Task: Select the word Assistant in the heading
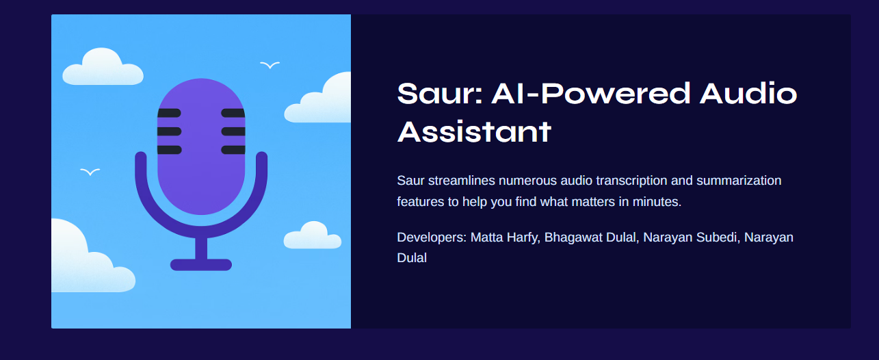click(474, 131)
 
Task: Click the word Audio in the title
click(748, 93)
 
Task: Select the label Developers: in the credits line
click(432, 237)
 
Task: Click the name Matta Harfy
click(504, 237)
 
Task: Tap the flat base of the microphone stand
click(201, 265)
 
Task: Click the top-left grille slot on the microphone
click(169, 113)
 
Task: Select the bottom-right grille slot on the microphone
click(233, 150)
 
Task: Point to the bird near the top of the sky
click(270, 65)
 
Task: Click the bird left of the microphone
click(90, 171)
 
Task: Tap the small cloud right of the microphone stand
click(312, 236)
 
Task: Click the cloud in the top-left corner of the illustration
click(102, 68)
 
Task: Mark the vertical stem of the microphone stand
click(201, 248)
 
